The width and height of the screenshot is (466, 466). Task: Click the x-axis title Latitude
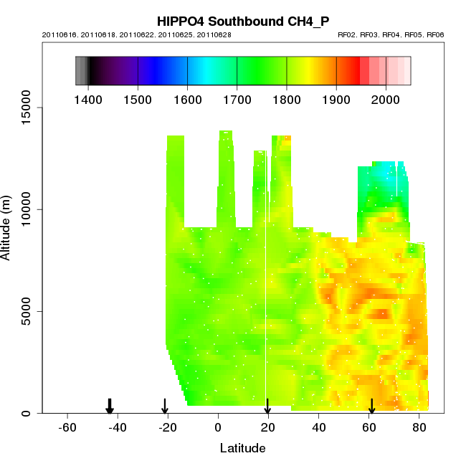tap(242, 449)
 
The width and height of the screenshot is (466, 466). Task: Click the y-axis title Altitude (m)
tap(6, 226)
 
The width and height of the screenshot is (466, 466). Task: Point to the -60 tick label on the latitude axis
tap(67, 427)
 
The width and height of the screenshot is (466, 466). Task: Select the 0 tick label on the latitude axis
tap(218, 427)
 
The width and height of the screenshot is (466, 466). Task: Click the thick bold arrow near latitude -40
tap(110, 406)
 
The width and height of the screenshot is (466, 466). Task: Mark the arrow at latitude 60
tap(371, 406)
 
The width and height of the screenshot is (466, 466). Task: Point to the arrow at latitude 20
tap(267, 406)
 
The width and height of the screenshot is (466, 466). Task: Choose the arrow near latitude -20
tap(165, 406)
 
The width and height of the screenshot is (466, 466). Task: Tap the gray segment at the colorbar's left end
tap(81, 70)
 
